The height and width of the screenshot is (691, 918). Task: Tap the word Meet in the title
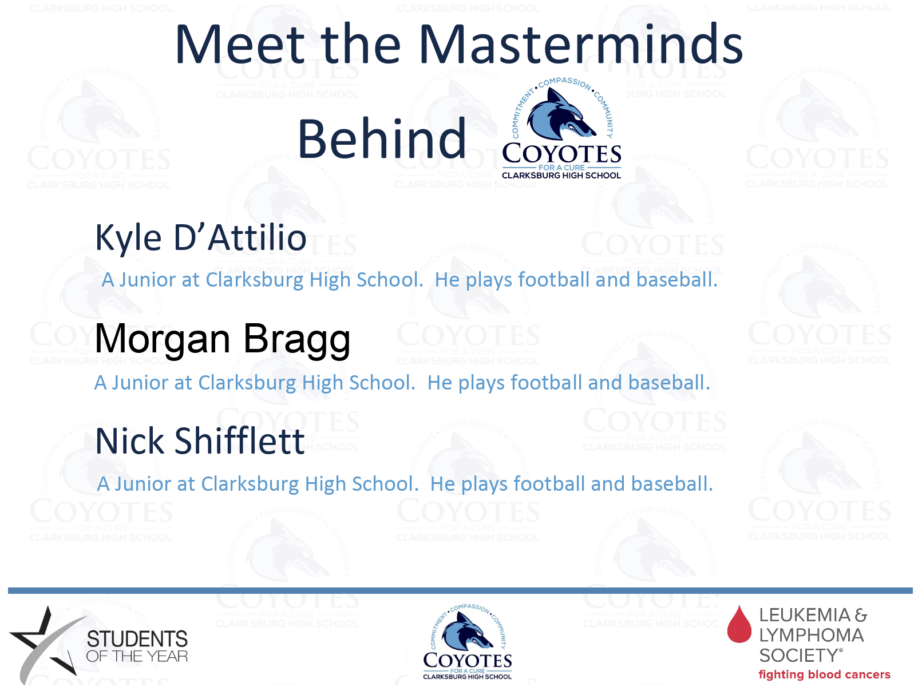tap(240, 44)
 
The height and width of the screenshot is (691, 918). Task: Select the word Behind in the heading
tap(381, 138)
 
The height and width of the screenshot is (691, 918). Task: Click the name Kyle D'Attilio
tap(201, 238)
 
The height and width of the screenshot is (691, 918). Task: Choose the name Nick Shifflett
tap(200, 441)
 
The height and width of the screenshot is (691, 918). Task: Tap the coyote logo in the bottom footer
tap(467, 642)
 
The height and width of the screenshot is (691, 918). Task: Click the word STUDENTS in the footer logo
tap(137, 639)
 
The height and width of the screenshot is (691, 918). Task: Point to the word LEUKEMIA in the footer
tap(805, 615)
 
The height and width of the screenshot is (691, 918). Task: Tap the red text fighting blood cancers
tap(824, 674)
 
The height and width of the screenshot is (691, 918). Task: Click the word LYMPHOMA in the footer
tap(812, 636)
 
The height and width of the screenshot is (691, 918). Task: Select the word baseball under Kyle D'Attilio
tap(676, 280)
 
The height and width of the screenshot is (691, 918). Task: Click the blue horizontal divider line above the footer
tap(460, 591)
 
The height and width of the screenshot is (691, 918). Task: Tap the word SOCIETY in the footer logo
tap(798, 656)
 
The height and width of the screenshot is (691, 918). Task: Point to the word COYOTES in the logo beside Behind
tap(561, 153)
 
